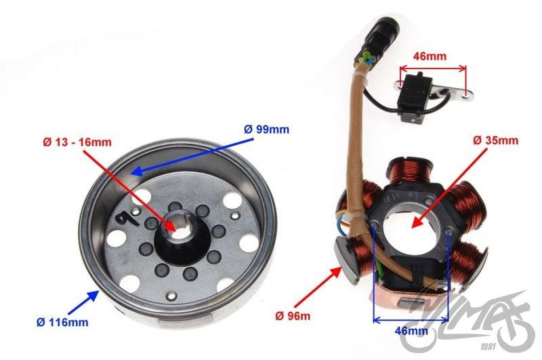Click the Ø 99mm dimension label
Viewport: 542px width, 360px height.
tap(266, 129)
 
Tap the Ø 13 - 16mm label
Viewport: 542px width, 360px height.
tap(77, 142)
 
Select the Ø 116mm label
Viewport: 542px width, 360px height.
tap(62, 322)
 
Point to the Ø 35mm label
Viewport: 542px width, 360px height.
tap(495, 140)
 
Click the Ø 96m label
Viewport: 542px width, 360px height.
tap(293, 316)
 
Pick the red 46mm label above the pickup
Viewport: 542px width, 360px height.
tap(430, 56)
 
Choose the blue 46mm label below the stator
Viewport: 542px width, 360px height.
tap(411, 331)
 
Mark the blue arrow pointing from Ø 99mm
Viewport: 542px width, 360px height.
tap(193, 156)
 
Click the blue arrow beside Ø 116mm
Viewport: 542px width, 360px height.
tap(83, 302)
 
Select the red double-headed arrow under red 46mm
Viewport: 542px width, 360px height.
tap(433, 68)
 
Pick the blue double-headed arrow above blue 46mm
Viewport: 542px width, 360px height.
tap(411, 320)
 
